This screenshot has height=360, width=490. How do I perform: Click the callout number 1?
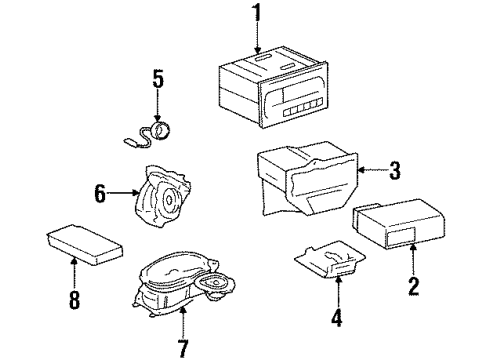[256, 14]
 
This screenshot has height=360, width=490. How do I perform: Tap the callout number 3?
[394, 172]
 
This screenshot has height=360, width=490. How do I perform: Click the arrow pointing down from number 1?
[256, 38]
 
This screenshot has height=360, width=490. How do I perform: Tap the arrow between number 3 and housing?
[370, 172]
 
